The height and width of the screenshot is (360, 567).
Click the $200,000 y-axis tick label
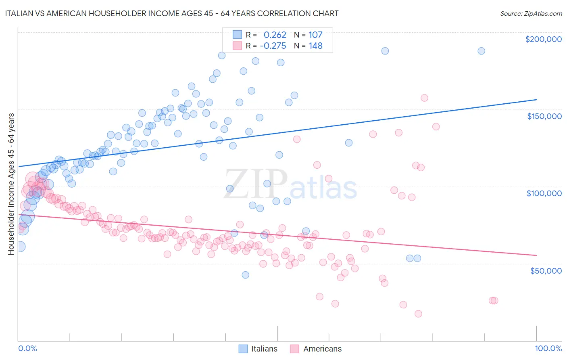tap(543, 39)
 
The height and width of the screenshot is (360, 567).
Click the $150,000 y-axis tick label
tap(544, 116)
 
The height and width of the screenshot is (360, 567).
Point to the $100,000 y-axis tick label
tap(544, 193)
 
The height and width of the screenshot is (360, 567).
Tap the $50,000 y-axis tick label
tap(546, 270)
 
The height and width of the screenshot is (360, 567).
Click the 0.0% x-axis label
tap(27, 348)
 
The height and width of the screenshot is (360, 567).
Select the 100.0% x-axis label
tap(548, 348)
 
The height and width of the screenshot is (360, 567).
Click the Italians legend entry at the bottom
tap(258, 349)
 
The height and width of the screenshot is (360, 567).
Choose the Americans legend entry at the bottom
tap(316, 349)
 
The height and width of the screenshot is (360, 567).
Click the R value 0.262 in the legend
tap(275, 35)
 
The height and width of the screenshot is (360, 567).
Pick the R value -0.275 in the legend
tap(273, 46)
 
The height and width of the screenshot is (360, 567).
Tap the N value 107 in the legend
tap(315, 35)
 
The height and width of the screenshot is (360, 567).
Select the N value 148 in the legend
tap(315, 46)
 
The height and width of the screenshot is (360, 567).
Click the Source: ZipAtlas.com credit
tap(531, 13)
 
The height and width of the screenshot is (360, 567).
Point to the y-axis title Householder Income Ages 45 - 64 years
tap(11, 184)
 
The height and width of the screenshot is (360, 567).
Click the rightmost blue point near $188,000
tap(481, 51)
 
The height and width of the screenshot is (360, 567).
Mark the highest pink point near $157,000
tap(424, 98)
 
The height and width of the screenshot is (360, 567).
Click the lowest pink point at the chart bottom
tap(418, 314)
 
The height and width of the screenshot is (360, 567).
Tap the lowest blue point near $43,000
tap(245, 275)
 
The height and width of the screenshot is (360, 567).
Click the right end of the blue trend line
tap(536, 99)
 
